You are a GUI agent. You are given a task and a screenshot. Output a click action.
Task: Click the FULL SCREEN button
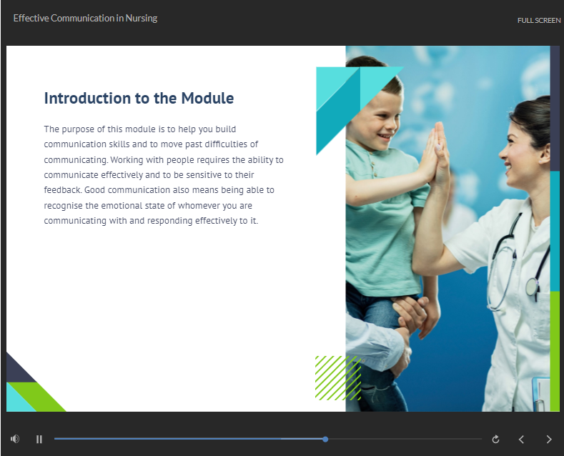click(x=538, y=21)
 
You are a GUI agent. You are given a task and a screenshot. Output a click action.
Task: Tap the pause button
click(x=39, y=439)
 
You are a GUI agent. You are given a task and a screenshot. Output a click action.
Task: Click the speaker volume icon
click(x=15, y=439)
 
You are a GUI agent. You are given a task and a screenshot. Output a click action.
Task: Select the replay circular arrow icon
click(x=495, y=439)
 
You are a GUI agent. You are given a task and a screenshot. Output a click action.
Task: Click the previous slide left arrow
click(x=521, y=439)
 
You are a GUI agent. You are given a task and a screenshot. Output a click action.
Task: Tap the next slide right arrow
click(x=549, y=439)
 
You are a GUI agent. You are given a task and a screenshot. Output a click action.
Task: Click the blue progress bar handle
click(x=325, y=439)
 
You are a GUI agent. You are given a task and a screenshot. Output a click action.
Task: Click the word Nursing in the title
click(x=142, y=19)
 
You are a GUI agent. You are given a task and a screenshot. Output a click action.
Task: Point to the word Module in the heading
click(x=207, y=98)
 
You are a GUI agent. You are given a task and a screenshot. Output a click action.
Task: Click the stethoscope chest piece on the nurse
click(x=532, y=287)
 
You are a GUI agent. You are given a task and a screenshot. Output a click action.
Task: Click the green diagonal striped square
click(x=338, y=378)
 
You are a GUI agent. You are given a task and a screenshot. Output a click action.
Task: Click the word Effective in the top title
click(x=31, y=19)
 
